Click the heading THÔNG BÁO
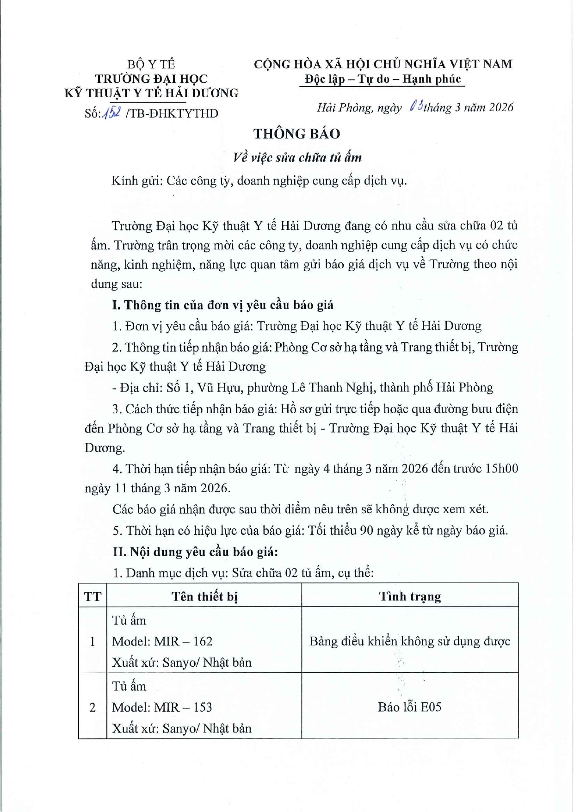click(296, 134)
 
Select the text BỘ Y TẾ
click(151, 64)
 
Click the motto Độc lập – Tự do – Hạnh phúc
click(383, 79)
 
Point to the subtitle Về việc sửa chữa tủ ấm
click(297, 157)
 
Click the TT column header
click(93, 596)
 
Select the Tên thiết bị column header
click(204, 596)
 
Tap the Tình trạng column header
click(410, 596)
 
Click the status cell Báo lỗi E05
click(409, 707)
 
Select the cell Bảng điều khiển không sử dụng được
click(410, 641)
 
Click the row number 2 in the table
click(93, 707)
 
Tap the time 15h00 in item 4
click(501, 469)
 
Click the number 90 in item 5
click(366, 530)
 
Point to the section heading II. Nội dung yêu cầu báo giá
click(195, 552)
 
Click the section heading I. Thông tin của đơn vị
click(222, 305)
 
